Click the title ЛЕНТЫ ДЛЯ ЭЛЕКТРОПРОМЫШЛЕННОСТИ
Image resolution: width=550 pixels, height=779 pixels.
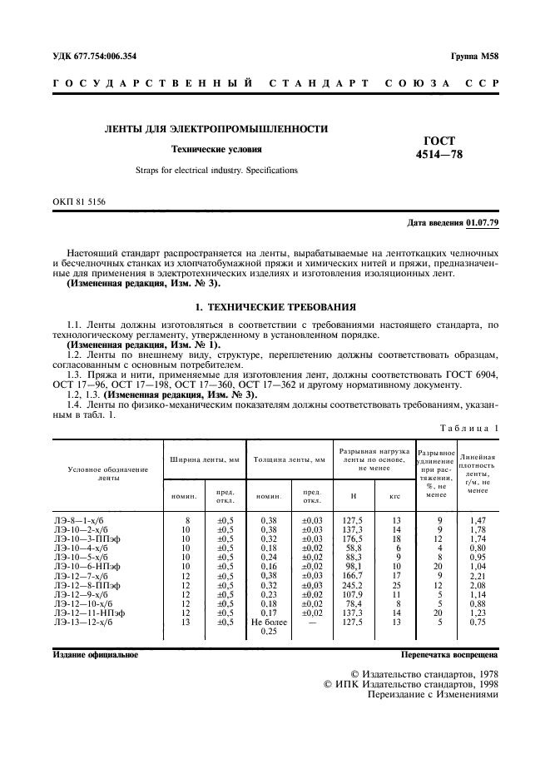(215, 129)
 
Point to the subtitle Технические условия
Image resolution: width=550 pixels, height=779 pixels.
(216, 150)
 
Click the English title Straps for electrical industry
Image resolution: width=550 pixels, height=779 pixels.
(216, 171)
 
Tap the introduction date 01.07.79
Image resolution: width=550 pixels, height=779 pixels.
(482, 223)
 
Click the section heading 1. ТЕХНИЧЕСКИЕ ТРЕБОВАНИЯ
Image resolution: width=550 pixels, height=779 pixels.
(275, 306)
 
